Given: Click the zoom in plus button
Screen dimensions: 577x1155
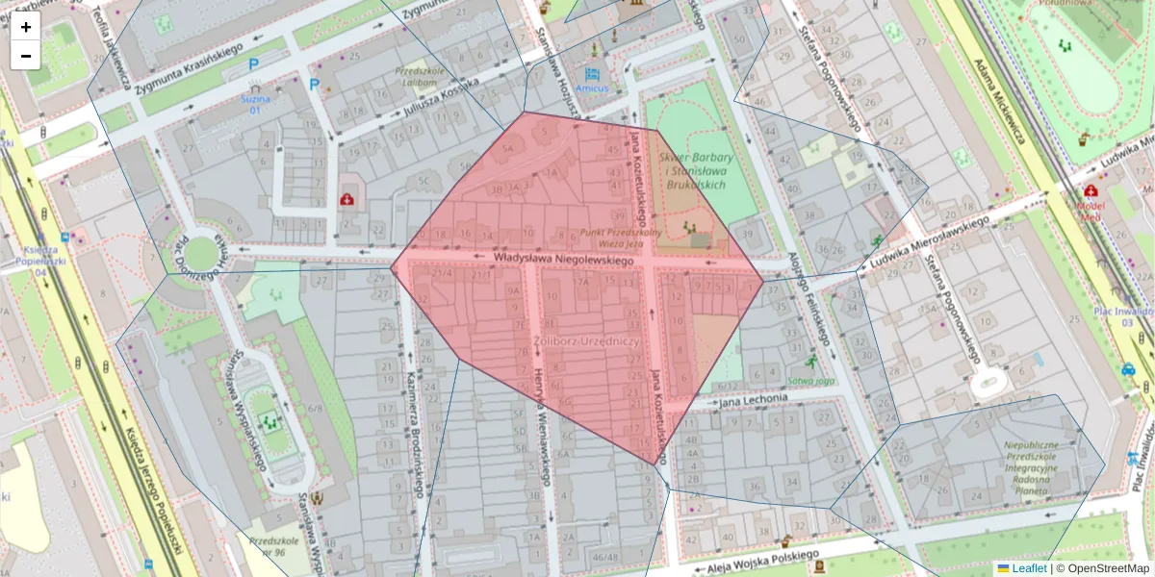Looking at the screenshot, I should coord(26,27).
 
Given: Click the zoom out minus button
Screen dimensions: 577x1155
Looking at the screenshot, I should coord(26,56).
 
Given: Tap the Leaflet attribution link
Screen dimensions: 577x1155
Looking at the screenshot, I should coord(1029,568).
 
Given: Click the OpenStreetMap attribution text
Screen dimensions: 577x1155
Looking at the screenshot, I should coord(1107,568).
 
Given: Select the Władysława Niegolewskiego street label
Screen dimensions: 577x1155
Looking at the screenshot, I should coord(563,260).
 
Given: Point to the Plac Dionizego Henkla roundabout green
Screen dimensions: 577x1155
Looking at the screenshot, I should coord(199,253).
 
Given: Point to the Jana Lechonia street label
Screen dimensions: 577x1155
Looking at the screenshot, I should coord(756,401).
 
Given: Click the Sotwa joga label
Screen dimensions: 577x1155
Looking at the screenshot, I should coord(810,380).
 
